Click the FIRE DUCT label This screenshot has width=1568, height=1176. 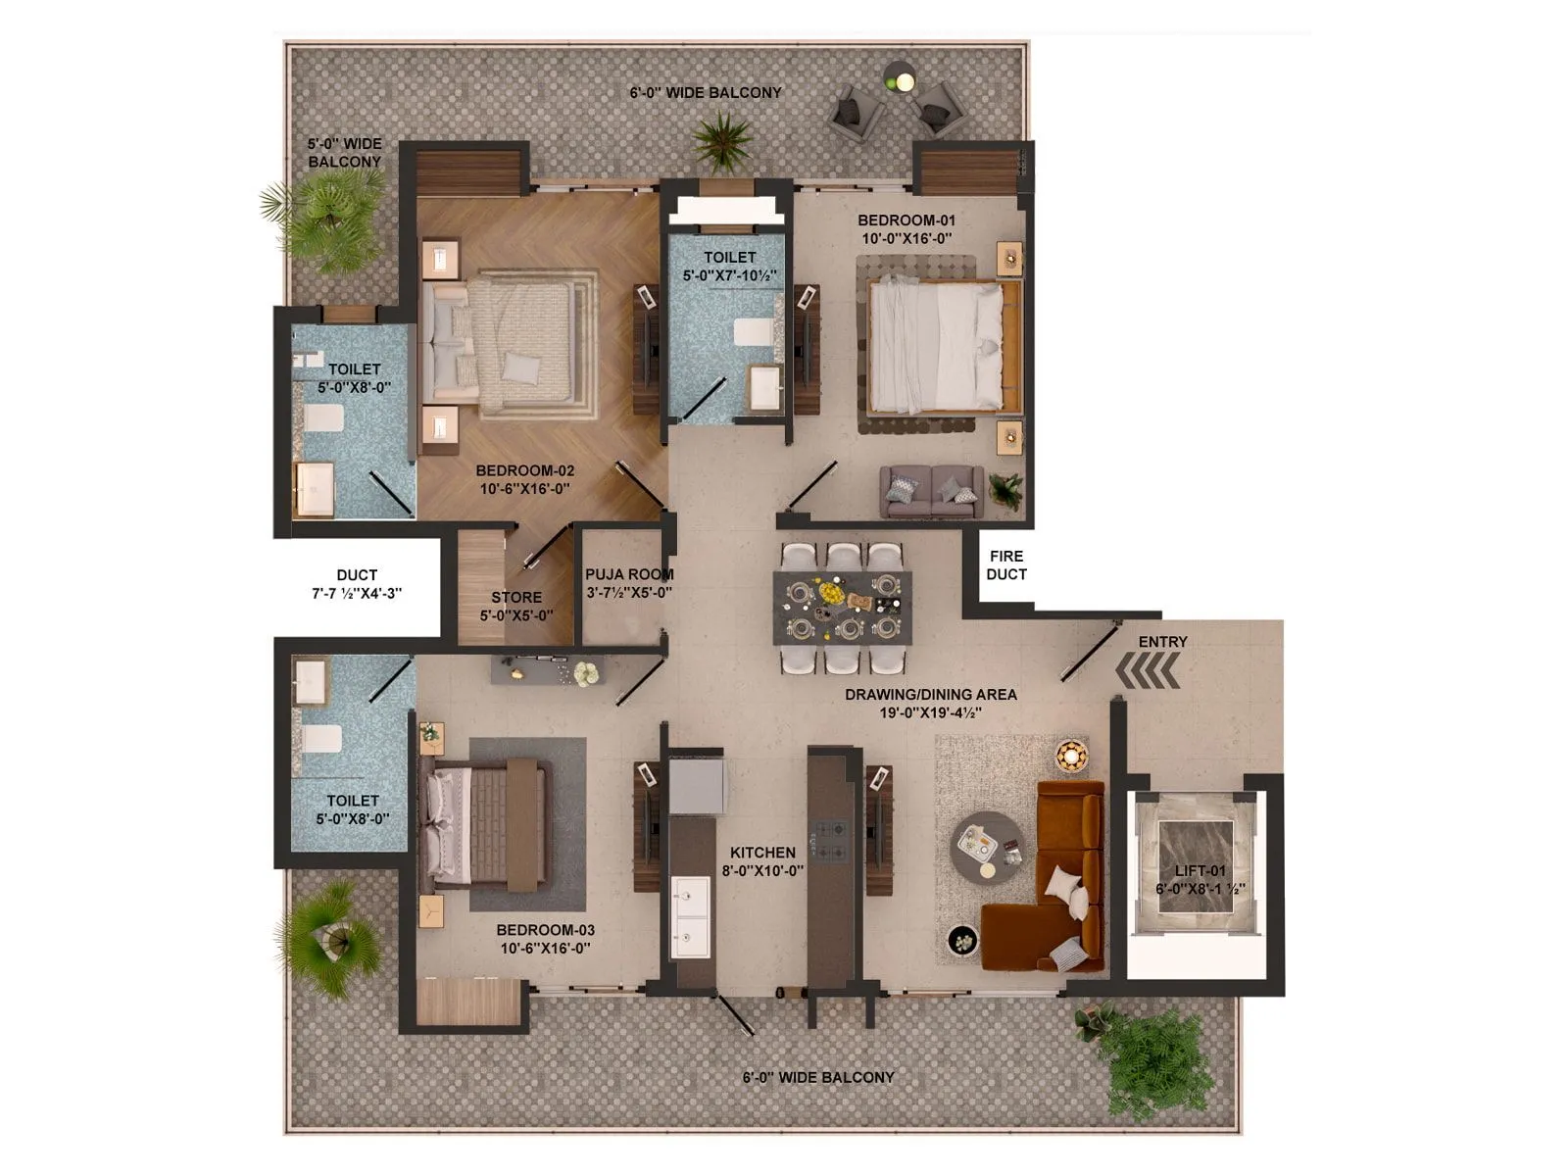(x=1006, y=565)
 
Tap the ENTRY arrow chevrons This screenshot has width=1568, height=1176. (x=1148, y=673)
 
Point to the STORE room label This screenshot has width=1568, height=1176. (x=516, y=598)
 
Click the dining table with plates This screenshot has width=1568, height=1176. (x=843, y=608)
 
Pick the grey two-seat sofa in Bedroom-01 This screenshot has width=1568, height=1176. (x=931, y=489)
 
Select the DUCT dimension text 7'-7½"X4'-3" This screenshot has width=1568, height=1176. (x=357, y=593)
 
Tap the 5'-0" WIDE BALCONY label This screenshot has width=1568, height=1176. (x=344, y=153)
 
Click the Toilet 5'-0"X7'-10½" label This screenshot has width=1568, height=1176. (x=730, y=267)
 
